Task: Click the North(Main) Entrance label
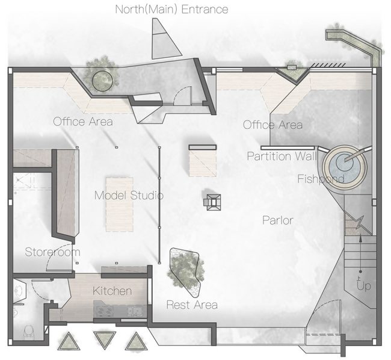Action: [171, 10]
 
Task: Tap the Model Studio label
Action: [129, 195]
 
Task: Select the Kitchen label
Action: [112, 291]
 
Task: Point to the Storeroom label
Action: [52, 252]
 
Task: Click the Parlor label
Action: [278, 220]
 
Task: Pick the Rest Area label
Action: [192, 305]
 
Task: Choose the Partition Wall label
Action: [282, 156]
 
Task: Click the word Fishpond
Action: [321, 179]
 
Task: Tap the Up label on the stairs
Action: [364, 286]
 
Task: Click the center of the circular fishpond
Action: [345, 163]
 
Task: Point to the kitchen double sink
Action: [135, 311]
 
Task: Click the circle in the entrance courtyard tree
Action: [102, 81]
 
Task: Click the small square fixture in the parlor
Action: [213, 202]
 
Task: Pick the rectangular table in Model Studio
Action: [120, 204]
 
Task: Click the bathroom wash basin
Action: [19, 291]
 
